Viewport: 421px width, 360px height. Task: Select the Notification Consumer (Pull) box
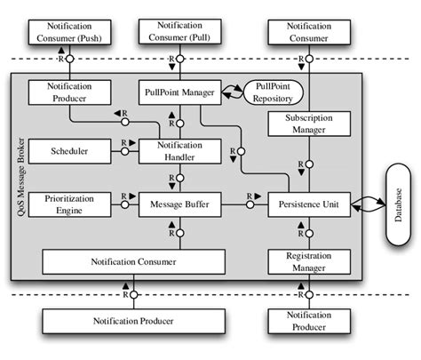click(x=179, y=33)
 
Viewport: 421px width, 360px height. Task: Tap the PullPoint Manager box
click(x=179, y=92)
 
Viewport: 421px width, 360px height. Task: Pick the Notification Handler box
click(x=179, y=151)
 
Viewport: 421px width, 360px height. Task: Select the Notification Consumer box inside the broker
click(x=133, y=262)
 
